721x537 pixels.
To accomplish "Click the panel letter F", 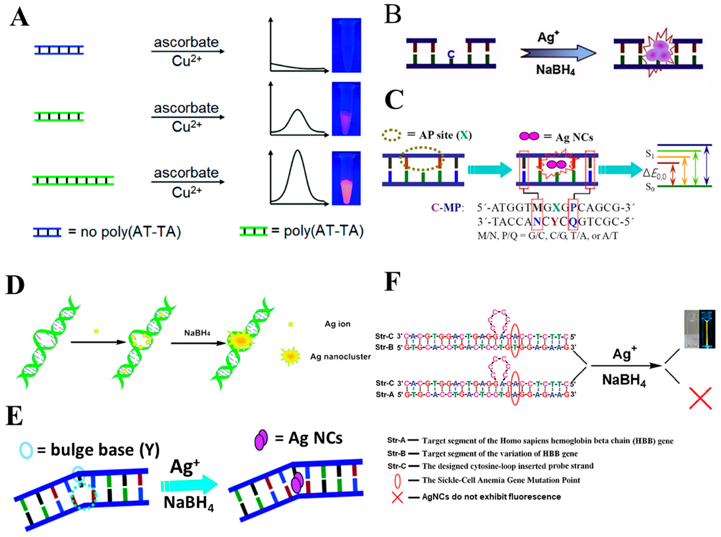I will (x=392, y=282).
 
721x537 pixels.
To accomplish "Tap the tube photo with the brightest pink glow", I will (x=346, y=178).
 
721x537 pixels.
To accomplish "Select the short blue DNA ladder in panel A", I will (x=59, y=50).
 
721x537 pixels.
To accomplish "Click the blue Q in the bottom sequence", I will (x=572, y=222).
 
